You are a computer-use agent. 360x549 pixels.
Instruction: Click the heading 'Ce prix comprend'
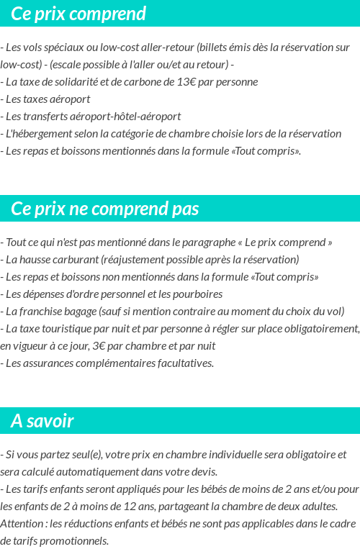(x=78, y=14)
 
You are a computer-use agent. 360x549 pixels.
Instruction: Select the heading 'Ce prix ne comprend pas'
(x=105, y=209)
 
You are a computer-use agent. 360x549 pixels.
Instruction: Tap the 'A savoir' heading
(x=42, y=421)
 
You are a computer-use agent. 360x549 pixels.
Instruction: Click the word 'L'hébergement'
(x=36, y=133)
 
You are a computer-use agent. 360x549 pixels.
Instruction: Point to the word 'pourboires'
(x=198, y=294)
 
